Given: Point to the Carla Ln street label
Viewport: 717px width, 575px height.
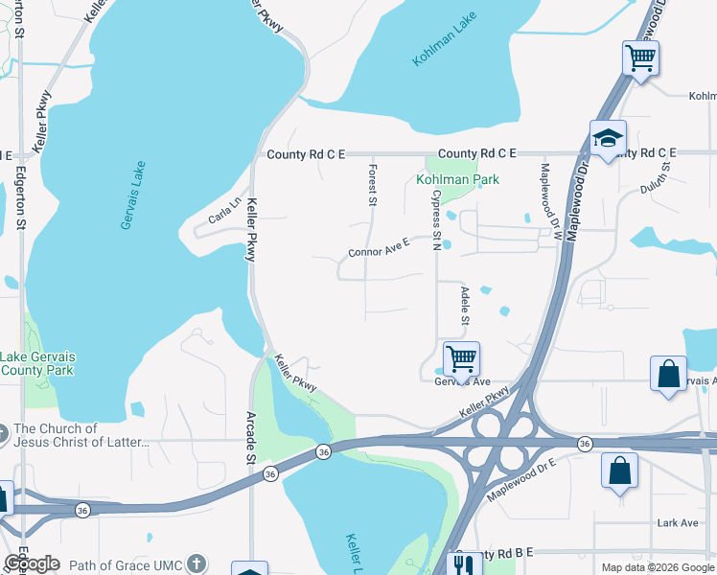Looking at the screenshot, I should (226, 209).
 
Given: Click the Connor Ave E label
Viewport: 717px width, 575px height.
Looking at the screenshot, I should (379, 247).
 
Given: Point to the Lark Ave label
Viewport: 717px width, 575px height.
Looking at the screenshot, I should (678, 522).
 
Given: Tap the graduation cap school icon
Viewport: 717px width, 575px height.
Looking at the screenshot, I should (608, 138).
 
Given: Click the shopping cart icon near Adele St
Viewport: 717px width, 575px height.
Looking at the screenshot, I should (461, 359).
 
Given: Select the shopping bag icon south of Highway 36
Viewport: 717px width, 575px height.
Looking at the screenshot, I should (620, 471).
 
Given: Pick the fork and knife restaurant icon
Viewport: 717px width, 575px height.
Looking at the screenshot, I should (465, 563).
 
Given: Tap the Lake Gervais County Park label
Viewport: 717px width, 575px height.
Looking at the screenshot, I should (37, 363).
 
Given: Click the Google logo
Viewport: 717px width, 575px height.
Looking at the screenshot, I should (32, 563).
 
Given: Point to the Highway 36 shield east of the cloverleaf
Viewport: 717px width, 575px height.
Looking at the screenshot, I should (584, 444).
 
